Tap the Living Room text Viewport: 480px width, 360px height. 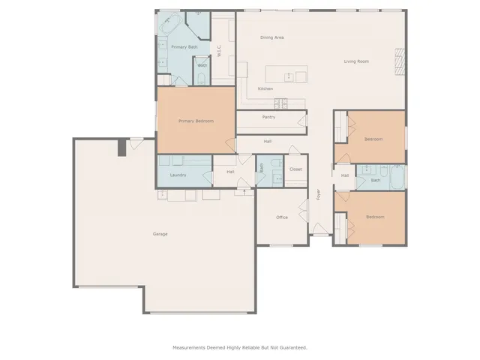tap(356, 61)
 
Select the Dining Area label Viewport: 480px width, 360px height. tap(271, 37)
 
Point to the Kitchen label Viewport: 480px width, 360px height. tap(265, 88)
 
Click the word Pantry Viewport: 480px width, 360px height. tap(268, 117)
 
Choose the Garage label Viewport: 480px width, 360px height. tap(160, 234)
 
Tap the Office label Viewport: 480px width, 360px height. tap(282, 217)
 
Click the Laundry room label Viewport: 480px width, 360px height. tap(178, 175)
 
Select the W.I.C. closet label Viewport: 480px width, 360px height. tap(218, 51)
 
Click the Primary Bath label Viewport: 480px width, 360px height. tap(184, 47)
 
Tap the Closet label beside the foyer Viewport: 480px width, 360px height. tap(295, 170)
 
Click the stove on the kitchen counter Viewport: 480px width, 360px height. tap(280, 103)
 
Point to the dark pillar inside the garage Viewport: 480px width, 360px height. tap(121, 148)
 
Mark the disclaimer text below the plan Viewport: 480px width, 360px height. tap(240, 347)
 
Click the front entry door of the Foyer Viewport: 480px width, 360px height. tap(320, 234)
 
